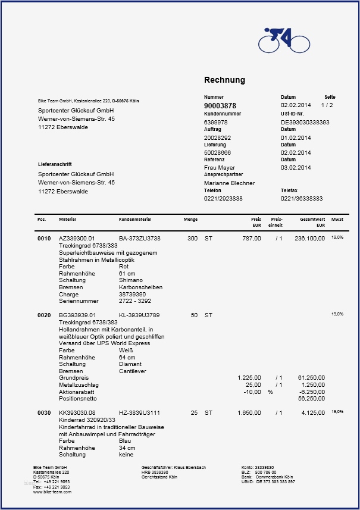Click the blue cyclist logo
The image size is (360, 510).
click(x=284, y=40)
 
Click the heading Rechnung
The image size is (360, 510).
click(x=224, y=80)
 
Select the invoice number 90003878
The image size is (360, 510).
click(x=220, y=105)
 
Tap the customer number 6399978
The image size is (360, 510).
click(x=216, y=122)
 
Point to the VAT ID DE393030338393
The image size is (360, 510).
click(x=305, y=122)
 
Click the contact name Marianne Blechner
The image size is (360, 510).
click(x=229, y=183)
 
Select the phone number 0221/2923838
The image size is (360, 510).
click(x=223, y=198)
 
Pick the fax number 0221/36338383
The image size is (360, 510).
click(x=302, y=198)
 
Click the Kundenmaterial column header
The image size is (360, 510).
click(x=135, y=220)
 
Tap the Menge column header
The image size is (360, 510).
click(x=190, y=220)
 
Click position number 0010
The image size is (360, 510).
click(x=44, y=239)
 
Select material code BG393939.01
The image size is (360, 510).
click(x=77, y=315)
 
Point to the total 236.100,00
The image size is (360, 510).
click(x=309, y=239)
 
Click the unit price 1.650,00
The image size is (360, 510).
click(x=249, y=412)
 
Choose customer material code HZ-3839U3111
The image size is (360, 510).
click(x=140, y=412)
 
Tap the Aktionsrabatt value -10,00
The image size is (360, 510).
click(x=252, y=392)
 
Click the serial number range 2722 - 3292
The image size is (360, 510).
click(x=135, y=301)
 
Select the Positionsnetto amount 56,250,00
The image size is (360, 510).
click(x=311, y=399)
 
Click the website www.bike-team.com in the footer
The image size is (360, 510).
click(x=52, y=492)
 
